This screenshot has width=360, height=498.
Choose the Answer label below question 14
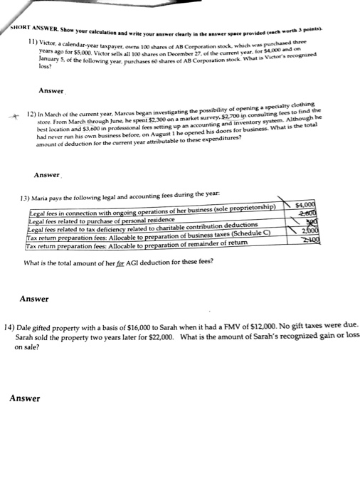click(x=25, y=398)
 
